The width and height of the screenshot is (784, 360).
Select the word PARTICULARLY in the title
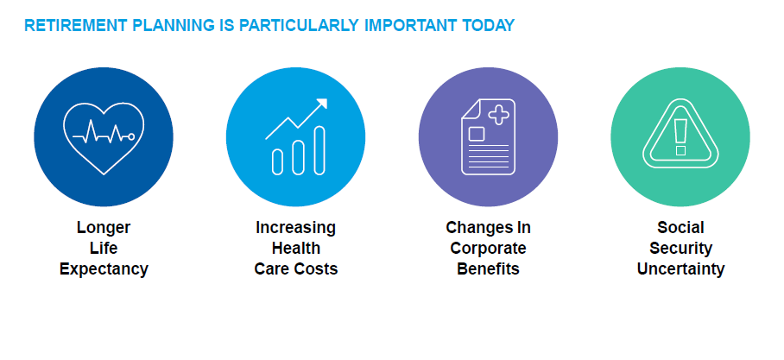[x=299, y=26]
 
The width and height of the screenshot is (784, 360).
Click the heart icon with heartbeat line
[x=104, y=138]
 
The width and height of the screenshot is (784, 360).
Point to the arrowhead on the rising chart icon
[x=321, y=104]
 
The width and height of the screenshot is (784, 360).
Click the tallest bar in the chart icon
[x=319, y=150]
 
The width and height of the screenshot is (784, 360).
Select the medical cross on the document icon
[x=498, y=115]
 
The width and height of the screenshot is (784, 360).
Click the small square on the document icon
[x=477, y=134]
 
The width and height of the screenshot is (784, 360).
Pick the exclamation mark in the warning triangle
[x=680, y=137]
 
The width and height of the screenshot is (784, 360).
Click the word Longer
[x=104, y=228]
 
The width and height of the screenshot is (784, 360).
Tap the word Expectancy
[x=104, y=269]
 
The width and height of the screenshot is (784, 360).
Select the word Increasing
[x=295, y=228]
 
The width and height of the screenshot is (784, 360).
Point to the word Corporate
[x=488, y=248]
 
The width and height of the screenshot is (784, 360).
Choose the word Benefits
[x=488, y=269]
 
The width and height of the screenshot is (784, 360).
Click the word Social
[x=680, y=228]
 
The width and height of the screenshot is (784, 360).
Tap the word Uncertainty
[x=680, y=269]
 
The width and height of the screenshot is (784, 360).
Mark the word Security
[x=680, y=248]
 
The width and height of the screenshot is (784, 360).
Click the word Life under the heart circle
[x=104, y=248]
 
